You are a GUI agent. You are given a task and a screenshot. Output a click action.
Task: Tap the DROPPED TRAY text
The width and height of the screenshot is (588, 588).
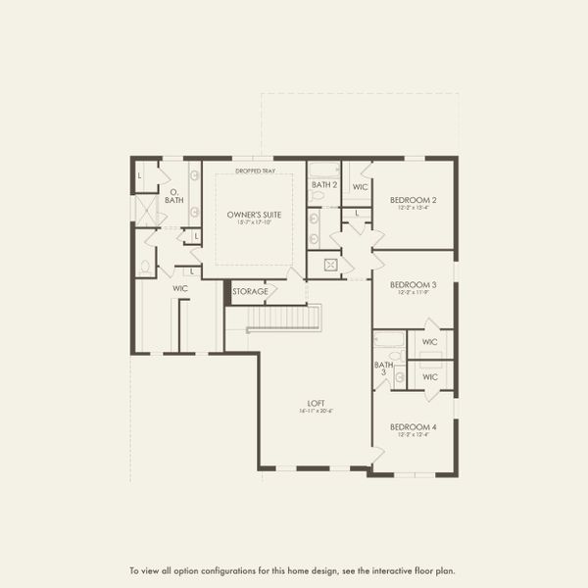(255, 171)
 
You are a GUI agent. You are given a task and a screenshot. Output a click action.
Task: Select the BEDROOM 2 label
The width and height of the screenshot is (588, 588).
(413, 200)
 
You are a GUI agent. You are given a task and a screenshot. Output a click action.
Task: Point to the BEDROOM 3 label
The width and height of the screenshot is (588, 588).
(413, 284)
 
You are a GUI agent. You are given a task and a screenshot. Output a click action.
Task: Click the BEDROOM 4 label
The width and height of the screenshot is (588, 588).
(413, 426)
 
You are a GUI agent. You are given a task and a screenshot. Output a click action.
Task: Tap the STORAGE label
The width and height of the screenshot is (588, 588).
(250, 291)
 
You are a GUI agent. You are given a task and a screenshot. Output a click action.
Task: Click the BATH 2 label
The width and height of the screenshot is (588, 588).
(324, 184)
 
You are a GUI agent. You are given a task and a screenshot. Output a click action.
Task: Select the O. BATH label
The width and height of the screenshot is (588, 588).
(174, 196)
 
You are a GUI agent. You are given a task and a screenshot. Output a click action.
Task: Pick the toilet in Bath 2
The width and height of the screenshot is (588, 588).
(316, 196)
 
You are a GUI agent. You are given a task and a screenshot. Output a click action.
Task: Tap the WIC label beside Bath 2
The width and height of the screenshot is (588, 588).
(360, 186)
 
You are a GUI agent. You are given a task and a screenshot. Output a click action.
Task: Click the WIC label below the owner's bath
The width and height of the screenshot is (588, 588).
(180, 288)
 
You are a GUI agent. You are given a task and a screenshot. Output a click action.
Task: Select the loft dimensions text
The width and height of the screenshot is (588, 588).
(315, 412)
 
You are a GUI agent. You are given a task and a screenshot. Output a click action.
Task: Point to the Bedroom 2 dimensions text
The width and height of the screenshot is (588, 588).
(413, 208)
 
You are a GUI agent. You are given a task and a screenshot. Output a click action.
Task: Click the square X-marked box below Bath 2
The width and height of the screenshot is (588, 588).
(331, 265)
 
